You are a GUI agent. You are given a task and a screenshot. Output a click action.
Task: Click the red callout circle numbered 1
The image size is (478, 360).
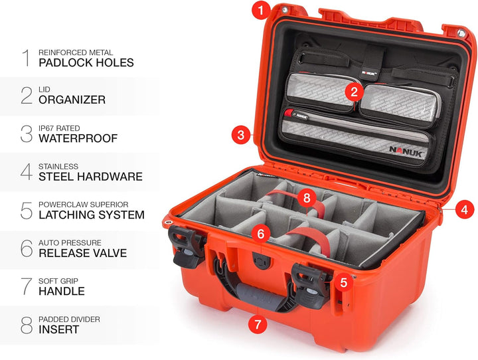tap(262, 10)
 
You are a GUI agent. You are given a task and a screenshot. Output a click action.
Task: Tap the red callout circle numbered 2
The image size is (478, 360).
tap(355, 92)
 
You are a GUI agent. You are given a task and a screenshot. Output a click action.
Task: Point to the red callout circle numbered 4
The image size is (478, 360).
tap(464, 209)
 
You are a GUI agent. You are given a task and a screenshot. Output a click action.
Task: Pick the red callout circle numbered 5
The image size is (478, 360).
tap(343, 282)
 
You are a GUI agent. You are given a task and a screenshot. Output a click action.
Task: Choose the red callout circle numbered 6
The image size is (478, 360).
tap(261, 234)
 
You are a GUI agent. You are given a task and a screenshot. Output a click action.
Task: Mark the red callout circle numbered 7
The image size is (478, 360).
tap(258, 325)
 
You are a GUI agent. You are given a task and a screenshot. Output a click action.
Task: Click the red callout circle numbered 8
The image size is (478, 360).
tap(305, 198)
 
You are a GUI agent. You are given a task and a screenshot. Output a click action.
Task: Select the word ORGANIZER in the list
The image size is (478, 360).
tap(72, 100)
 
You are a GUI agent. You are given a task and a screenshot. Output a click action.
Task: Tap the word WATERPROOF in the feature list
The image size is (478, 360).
tap(78, 139)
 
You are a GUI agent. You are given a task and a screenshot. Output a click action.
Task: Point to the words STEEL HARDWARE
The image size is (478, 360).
tap(90, 177)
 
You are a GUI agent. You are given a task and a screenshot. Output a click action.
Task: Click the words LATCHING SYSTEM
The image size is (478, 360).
tap(92, 215)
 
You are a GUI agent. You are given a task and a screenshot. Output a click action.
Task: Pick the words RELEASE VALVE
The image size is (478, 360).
tap(83, 253)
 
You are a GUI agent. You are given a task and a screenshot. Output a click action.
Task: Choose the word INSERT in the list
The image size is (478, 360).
tap(59, 329)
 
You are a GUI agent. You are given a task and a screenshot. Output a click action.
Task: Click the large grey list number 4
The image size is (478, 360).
tap(26, 172)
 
